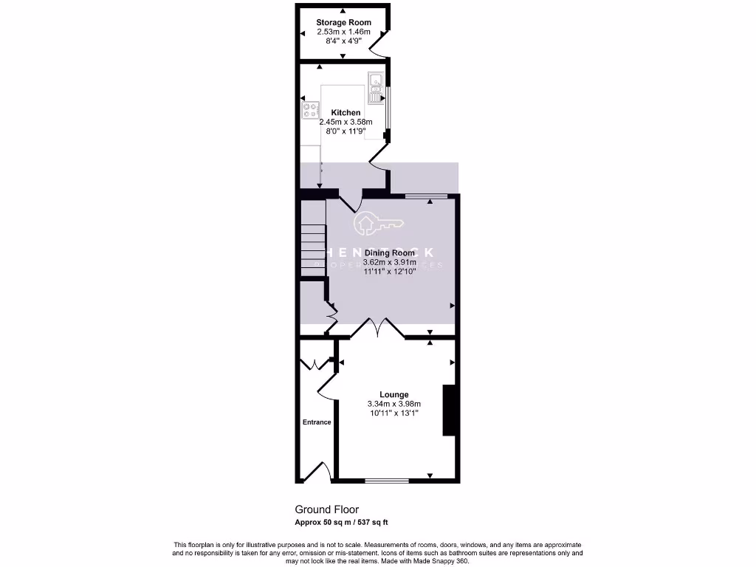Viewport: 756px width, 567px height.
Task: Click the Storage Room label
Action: coord(343,23)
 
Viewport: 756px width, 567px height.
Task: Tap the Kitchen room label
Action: coord(346,113)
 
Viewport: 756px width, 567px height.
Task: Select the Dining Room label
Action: coord(390,253)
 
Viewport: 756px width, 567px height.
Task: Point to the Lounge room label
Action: coord(394,394)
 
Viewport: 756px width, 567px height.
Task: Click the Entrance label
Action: coord(317,422)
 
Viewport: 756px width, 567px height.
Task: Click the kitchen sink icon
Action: coord(376,88)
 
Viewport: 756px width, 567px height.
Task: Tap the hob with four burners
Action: coord(309,110)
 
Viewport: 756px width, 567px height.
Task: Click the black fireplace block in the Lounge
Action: coord(448,410)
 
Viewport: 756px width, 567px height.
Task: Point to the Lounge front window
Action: coord(387,481)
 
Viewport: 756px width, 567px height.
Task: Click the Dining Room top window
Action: coord(426,196)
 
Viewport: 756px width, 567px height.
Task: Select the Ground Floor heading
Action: coord(327,509)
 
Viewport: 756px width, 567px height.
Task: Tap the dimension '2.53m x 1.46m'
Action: coord(343,32)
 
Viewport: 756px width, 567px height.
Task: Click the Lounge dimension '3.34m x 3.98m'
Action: coord(394,404)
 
